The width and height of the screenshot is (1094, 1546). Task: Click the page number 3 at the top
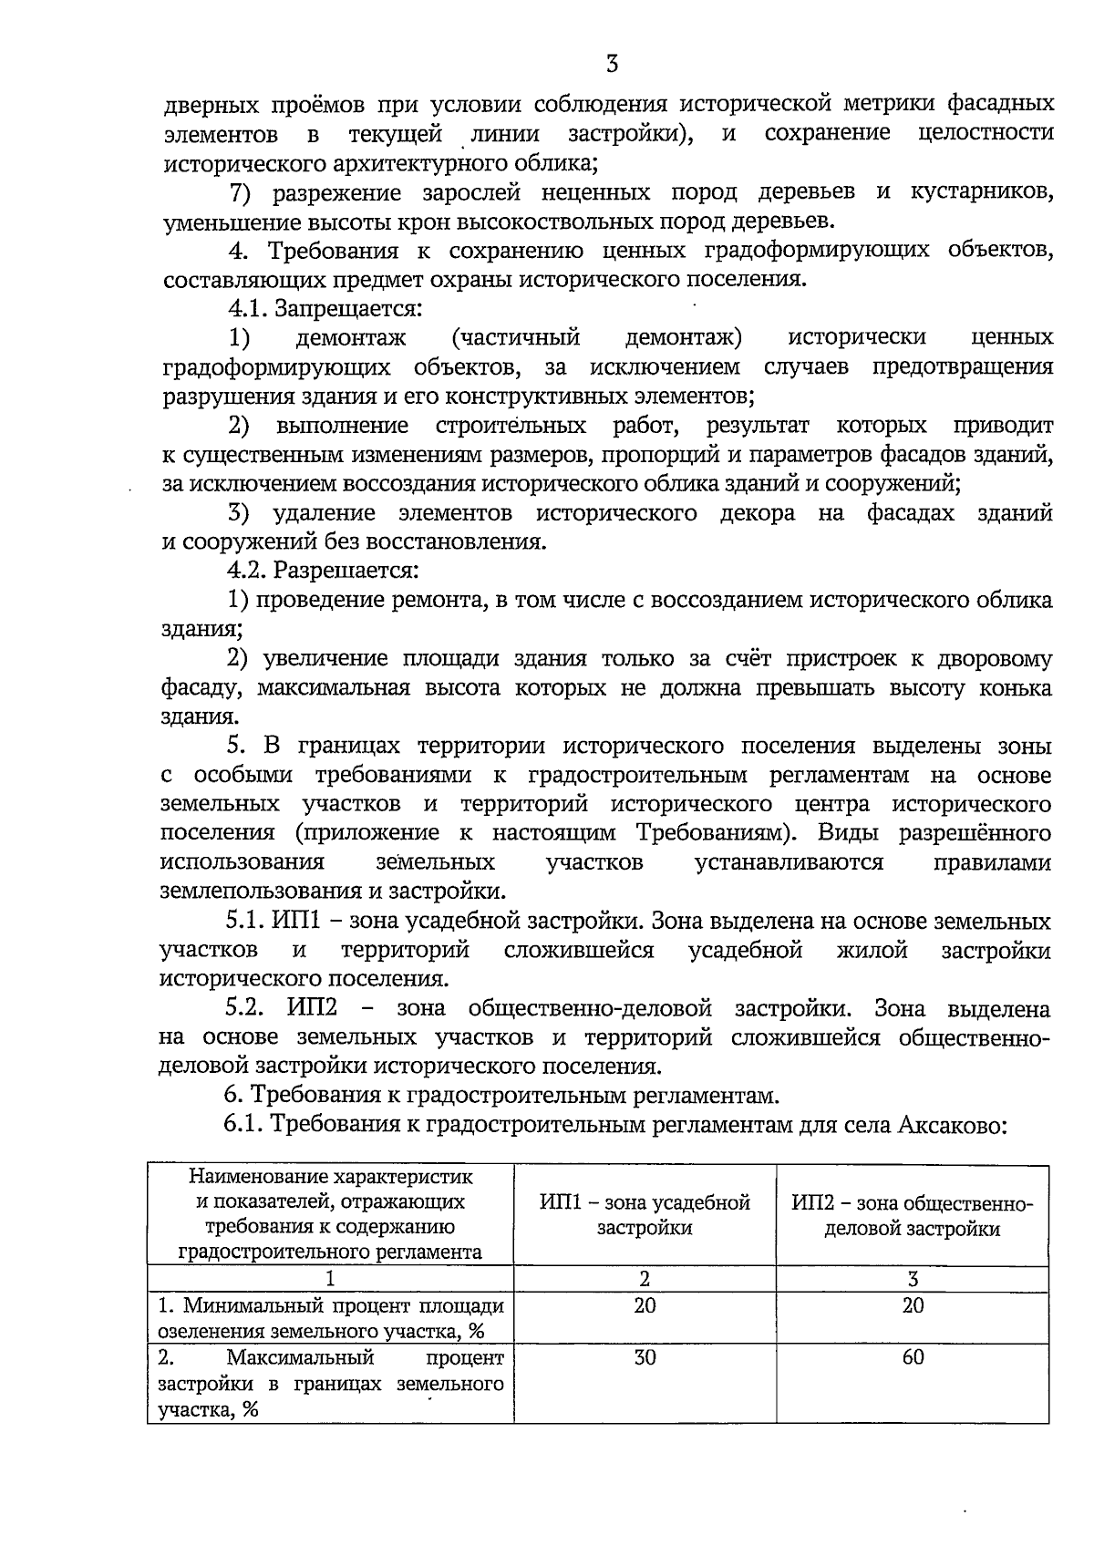point(612,64)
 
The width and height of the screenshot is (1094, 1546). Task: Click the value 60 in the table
point(913,1357)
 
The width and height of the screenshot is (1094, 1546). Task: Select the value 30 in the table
point(645,1357)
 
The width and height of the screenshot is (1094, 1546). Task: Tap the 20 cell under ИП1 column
point(645,1305)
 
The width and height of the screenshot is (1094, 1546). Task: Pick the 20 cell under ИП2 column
point(913,1305)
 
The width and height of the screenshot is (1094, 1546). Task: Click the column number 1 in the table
point(330,1279)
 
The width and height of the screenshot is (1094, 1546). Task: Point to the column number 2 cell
point(645,1279)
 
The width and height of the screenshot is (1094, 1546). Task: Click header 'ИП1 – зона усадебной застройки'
point(645,1215)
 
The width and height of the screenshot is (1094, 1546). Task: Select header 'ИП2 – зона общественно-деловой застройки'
point(913,1216)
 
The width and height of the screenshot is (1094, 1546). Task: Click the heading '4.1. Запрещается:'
point(325,308)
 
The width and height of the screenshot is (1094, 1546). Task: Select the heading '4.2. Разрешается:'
point(323,571)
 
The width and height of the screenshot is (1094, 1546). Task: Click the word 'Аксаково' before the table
point(951,1124)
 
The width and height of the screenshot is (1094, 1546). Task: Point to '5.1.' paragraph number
point(244,922)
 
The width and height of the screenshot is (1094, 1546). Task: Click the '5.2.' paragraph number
point(245,1009)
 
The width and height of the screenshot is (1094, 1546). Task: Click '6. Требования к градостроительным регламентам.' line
point(502,1095)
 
